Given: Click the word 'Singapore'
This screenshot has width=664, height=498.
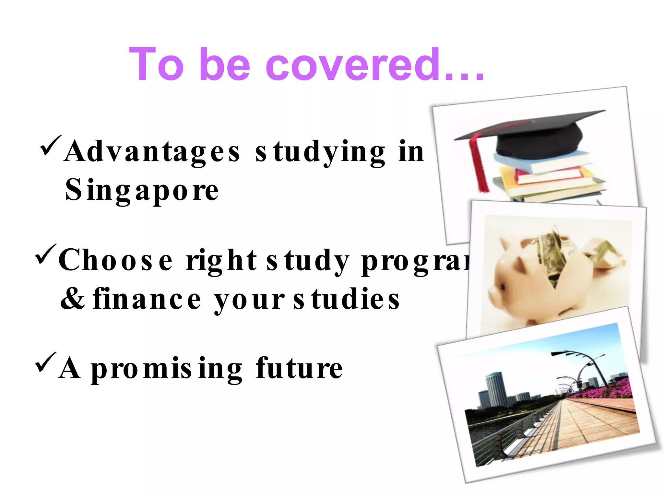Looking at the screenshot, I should tap(142, 190).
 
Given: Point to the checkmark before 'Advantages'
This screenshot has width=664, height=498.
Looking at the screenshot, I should tap(50, 145).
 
